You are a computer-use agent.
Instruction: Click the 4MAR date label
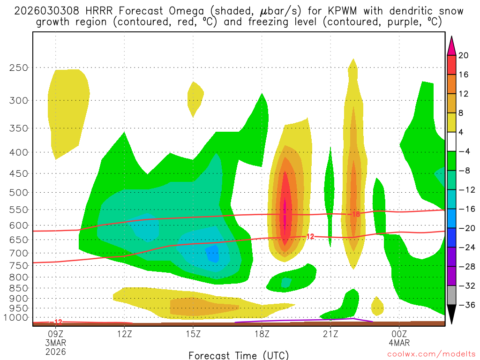coord(399,343)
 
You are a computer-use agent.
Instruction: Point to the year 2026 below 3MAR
coord(56,351)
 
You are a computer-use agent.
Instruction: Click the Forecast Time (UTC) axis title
coord(239,355)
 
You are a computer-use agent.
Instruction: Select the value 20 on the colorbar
coord(463,55)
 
